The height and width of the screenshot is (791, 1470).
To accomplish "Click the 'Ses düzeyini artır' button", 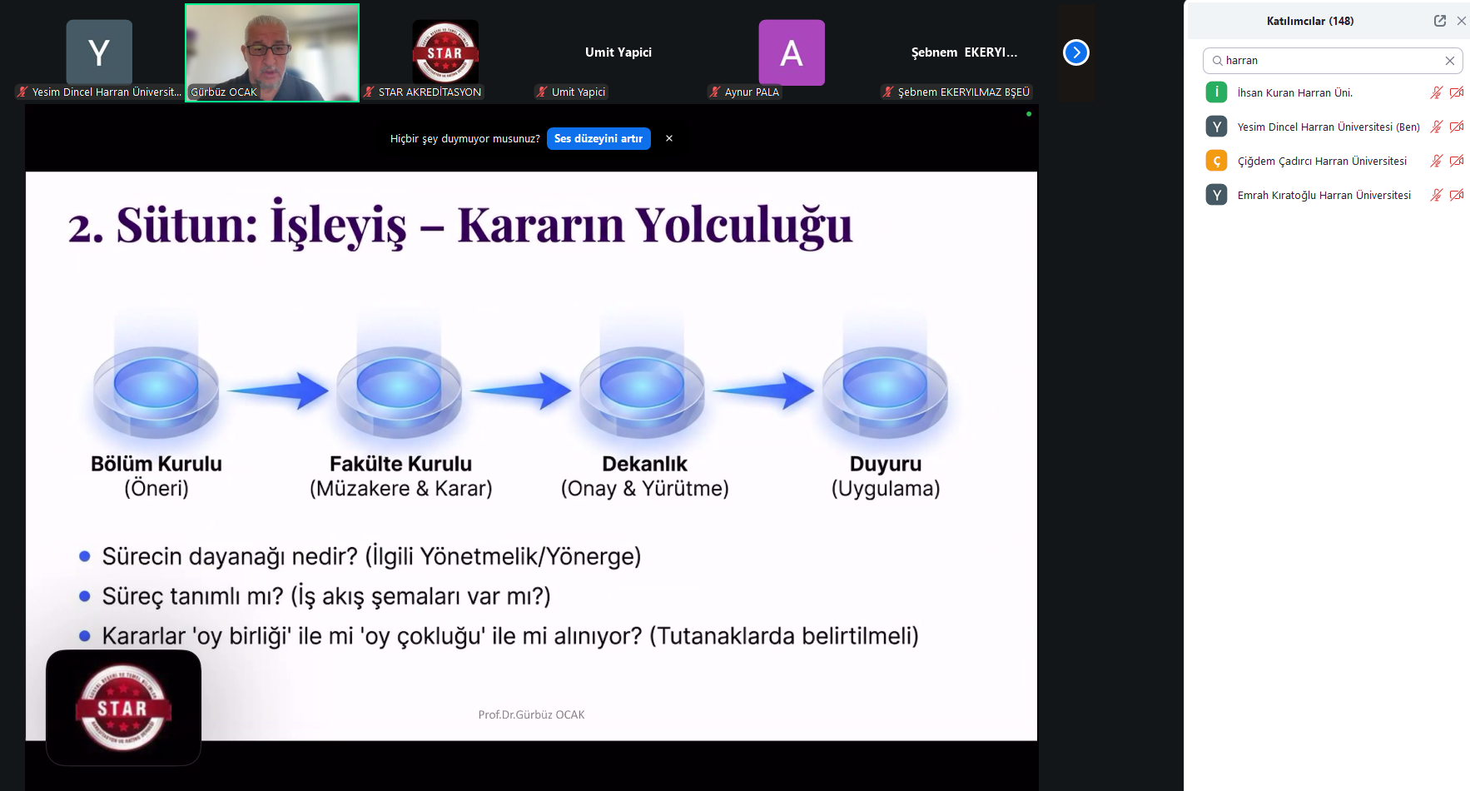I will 598,139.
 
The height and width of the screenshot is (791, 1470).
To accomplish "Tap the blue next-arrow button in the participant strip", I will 1075,52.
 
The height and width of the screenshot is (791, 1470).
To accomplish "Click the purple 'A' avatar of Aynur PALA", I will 791,52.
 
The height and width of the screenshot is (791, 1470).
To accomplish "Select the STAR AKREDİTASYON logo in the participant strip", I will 445,52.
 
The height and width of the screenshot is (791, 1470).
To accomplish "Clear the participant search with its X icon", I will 1449,61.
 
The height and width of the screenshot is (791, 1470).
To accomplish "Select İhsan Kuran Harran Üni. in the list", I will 1294,93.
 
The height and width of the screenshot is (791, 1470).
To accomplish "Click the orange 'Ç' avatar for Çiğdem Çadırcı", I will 1216,161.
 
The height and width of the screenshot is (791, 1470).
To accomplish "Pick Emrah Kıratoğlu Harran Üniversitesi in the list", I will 1323,196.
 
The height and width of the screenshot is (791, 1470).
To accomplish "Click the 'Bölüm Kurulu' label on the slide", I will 156,464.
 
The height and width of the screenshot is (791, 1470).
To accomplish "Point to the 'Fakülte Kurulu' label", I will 400,464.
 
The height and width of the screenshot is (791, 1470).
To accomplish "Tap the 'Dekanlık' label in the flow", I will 644,464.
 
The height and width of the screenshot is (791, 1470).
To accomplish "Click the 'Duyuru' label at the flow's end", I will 885,464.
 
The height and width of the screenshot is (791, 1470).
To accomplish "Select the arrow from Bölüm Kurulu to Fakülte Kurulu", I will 278,391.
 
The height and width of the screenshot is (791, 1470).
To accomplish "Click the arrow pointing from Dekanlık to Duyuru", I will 763,391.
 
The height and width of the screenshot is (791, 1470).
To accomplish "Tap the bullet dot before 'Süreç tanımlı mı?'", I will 84,596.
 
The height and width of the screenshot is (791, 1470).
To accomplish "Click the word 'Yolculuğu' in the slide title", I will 743,225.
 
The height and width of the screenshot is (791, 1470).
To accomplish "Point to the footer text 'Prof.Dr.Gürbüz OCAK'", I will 531,714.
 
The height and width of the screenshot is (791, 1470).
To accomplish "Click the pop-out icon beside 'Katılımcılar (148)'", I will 1439,21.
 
